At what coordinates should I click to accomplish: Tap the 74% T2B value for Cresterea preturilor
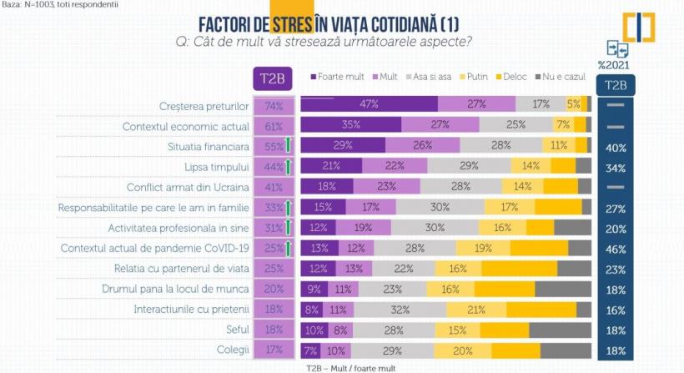pos(273,106)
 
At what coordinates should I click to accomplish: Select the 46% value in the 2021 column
pos(616,248)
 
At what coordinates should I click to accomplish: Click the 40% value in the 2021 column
pos(616,147)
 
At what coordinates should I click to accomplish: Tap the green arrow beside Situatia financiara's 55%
pos(288,145)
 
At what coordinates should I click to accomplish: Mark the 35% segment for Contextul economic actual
pos(350,125)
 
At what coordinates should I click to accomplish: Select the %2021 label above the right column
pos(614,64)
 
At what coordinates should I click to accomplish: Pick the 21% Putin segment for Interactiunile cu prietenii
pos(477,310)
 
